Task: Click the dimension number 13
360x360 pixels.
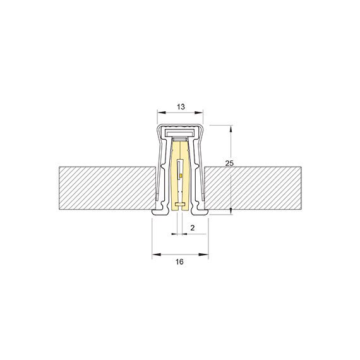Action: click(x=180, y=107)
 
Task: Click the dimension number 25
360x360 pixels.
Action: click(x=230, y=163)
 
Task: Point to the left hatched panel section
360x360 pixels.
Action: click(x=104, y=188)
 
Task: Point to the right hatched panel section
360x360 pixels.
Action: click(x=253, y=188)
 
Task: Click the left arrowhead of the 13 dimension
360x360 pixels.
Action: click(x=160, y=116)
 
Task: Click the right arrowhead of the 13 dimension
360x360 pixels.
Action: click(x=202, y=116)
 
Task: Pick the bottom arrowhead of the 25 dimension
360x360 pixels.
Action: click(x=231, y=211)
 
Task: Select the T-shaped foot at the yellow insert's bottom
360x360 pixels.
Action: click(x=181, y=204)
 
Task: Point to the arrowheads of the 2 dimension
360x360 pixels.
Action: click(x=179, y=234)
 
